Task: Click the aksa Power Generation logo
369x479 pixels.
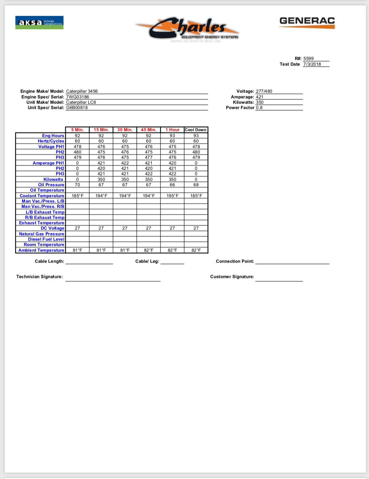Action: pyautogui.click(x=39, y=23)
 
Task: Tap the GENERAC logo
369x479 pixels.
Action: pyautogui.click(x=307, y=22)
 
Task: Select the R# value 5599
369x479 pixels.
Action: pyautogui.click(x=309, y=58)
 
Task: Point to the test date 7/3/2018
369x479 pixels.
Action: pyautogui.click(x=312, y=64)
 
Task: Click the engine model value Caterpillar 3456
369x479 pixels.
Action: pyautogui.click(x=82, y=91)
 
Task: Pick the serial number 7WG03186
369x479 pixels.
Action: pyautogui.click(x=78, y=97)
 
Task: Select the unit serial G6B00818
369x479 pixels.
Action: pyautogui.click(x=77, y=108)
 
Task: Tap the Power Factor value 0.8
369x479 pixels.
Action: pyautogui.click(x=259, y=108)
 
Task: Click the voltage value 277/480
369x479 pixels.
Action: pyautogui.click(x=264, y=91)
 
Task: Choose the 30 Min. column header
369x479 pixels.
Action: pyautogui.click(x=125, y=130)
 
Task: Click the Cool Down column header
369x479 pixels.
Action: pyautogui.click(x=196, y=130)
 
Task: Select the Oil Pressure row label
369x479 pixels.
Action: pyautogui.click(x=51, y=185)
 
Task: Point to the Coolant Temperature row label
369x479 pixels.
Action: pyautogui.click(x=42, y=196)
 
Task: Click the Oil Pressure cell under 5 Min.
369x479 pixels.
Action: pyautogui.click(x=77, y=185)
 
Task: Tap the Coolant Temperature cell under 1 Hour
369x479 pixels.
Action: pyautogui.click(x=172, y=196)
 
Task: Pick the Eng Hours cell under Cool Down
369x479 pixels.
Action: pyautogui.click(x=196, y=136)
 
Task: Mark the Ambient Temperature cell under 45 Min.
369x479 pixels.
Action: pyautogui.click(x=148, y=250)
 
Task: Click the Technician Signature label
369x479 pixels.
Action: pyautogui.click(x=39, y=277)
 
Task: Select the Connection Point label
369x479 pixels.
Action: pyautogui.click(x=235, y=261)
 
